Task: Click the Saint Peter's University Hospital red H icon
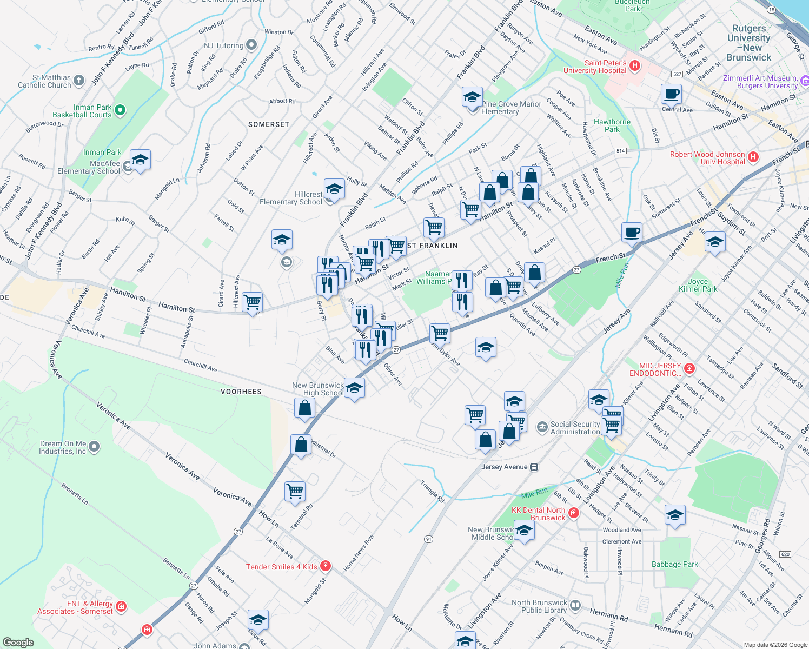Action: (635, 66)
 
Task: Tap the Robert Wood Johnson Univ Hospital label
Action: (707, 158)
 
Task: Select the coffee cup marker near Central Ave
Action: (671, 94)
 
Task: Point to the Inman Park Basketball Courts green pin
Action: (120, 111)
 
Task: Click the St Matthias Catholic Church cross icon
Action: (79, 81)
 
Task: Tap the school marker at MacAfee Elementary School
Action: (140, 160)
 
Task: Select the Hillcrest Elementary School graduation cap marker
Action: (334, 189)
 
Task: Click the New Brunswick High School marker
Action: (354, 388)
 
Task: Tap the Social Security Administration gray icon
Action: (542, 428)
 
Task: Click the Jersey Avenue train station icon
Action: (534, 467)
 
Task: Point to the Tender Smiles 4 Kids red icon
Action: (325, 566)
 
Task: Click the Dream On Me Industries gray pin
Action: (94, 447)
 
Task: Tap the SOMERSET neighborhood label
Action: (269, 124)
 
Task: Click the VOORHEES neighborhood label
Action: (241, 391)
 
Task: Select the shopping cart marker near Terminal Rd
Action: (295, 492)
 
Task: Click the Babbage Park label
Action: (674, 564)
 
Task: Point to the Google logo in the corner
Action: (18, 642)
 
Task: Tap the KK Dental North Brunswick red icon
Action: (574, 513)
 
